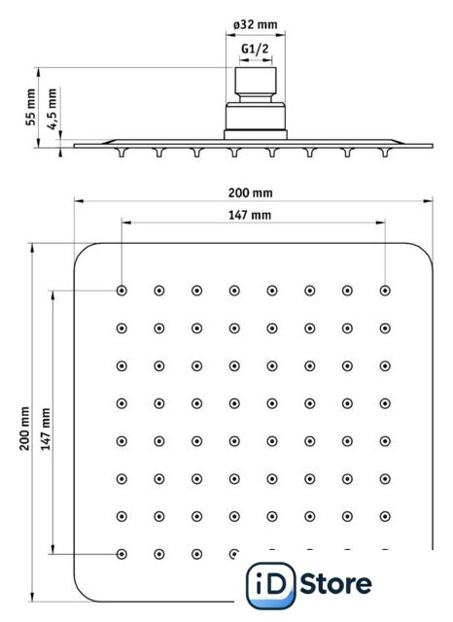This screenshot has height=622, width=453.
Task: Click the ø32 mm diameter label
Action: [255, 24]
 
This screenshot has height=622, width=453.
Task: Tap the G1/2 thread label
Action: [255, 49]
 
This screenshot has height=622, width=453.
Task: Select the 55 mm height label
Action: [30, 107]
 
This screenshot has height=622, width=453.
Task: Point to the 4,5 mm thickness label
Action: [52, 109]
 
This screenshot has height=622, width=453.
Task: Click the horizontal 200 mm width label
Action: [250, 193]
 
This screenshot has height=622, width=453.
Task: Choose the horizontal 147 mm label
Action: [250, 216]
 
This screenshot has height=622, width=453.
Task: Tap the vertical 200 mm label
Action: [24, 429]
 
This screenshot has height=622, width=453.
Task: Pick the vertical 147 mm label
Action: [46, 430]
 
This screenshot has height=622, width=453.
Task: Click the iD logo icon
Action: [271, 585]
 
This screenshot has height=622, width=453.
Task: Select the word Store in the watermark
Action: [335, 584]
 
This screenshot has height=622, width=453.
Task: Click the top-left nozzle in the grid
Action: [122, 291]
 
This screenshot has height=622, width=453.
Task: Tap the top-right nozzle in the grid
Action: [385, 291]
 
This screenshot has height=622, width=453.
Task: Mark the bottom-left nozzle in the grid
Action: [122, 554]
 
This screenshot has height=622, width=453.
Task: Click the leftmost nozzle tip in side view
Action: [122, 155]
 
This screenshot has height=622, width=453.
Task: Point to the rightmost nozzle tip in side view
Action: [385, 155]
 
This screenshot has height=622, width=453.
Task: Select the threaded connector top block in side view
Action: [256, 81]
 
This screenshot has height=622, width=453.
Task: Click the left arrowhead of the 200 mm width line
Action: [79, 201]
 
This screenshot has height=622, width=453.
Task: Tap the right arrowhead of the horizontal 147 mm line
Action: [380, 223]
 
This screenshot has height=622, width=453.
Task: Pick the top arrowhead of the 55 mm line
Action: [39, 72]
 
